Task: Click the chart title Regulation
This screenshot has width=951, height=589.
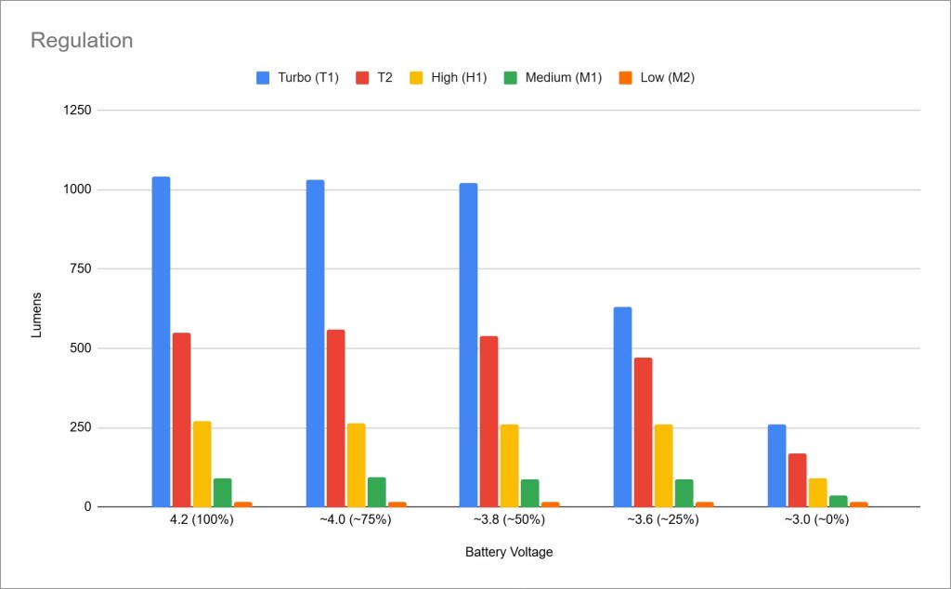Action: (x=82, y=41)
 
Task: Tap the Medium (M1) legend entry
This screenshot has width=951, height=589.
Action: (x=554, y=78)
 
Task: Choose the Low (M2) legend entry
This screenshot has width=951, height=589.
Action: (x=657, y=78)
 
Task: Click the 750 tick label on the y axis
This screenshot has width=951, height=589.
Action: (x=80, y=269)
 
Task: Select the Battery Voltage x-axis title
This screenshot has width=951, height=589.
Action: (x=509, y=552)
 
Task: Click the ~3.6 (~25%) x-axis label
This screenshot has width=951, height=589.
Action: (x=662, y=520)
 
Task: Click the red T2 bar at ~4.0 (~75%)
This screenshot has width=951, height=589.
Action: (x=335, y=418)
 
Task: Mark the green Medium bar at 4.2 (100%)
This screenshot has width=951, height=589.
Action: (x=222, y=492)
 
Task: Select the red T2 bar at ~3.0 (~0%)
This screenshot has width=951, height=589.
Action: (x=797, y=480)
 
